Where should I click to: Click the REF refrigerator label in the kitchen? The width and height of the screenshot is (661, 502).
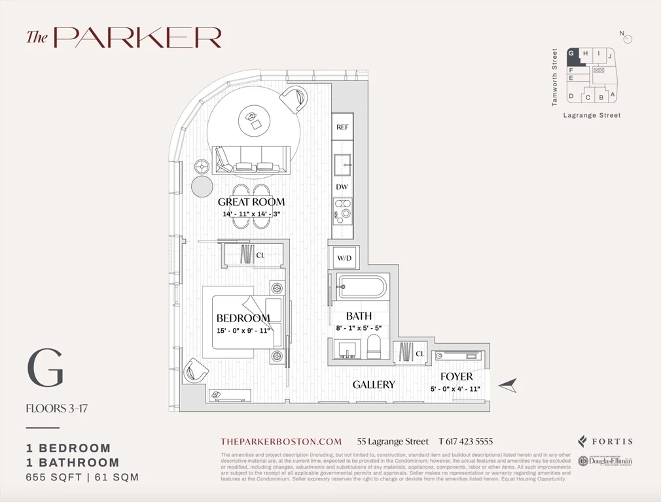click(342, 127)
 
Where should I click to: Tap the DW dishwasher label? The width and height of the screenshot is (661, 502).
click(342, 187)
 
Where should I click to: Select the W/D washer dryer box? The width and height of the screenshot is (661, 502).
click(344, 258)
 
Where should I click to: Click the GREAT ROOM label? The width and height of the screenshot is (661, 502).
click(251, 202)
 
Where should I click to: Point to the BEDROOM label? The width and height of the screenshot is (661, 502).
click(243, 318)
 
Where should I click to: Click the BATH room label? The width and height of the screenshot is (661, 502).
click(359, 316)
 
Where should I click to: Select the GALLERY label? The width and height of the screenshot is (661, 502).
click(374, 385)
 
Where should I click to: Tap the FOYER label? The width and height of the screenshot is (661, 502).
click(456, 377)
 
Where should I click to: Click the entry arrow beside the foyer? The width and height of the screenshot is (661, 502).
click(507, 386)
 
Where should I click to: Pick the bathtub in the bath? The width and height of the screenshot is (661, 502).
click(362, 287)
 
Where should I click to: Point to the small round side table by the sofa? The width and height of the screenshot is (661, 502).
click(201, 186)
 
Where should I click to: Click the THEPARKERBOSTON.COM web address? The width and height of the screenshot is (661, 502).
click(281, 441)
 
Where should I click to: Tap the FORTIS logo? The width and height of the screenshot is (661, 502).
click(605, 441)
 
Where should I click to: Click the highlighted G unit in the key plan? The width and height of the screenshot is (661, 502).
click(572, 54)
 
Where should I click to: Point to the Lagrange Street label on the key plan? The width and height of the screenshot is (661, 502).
click(592, 116)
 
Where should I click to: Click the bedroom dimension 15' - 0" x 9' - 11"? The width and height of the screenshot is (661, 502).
click(243, 330)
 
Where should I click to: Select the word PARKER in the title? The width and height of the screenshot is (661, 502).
click(137, 37)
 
